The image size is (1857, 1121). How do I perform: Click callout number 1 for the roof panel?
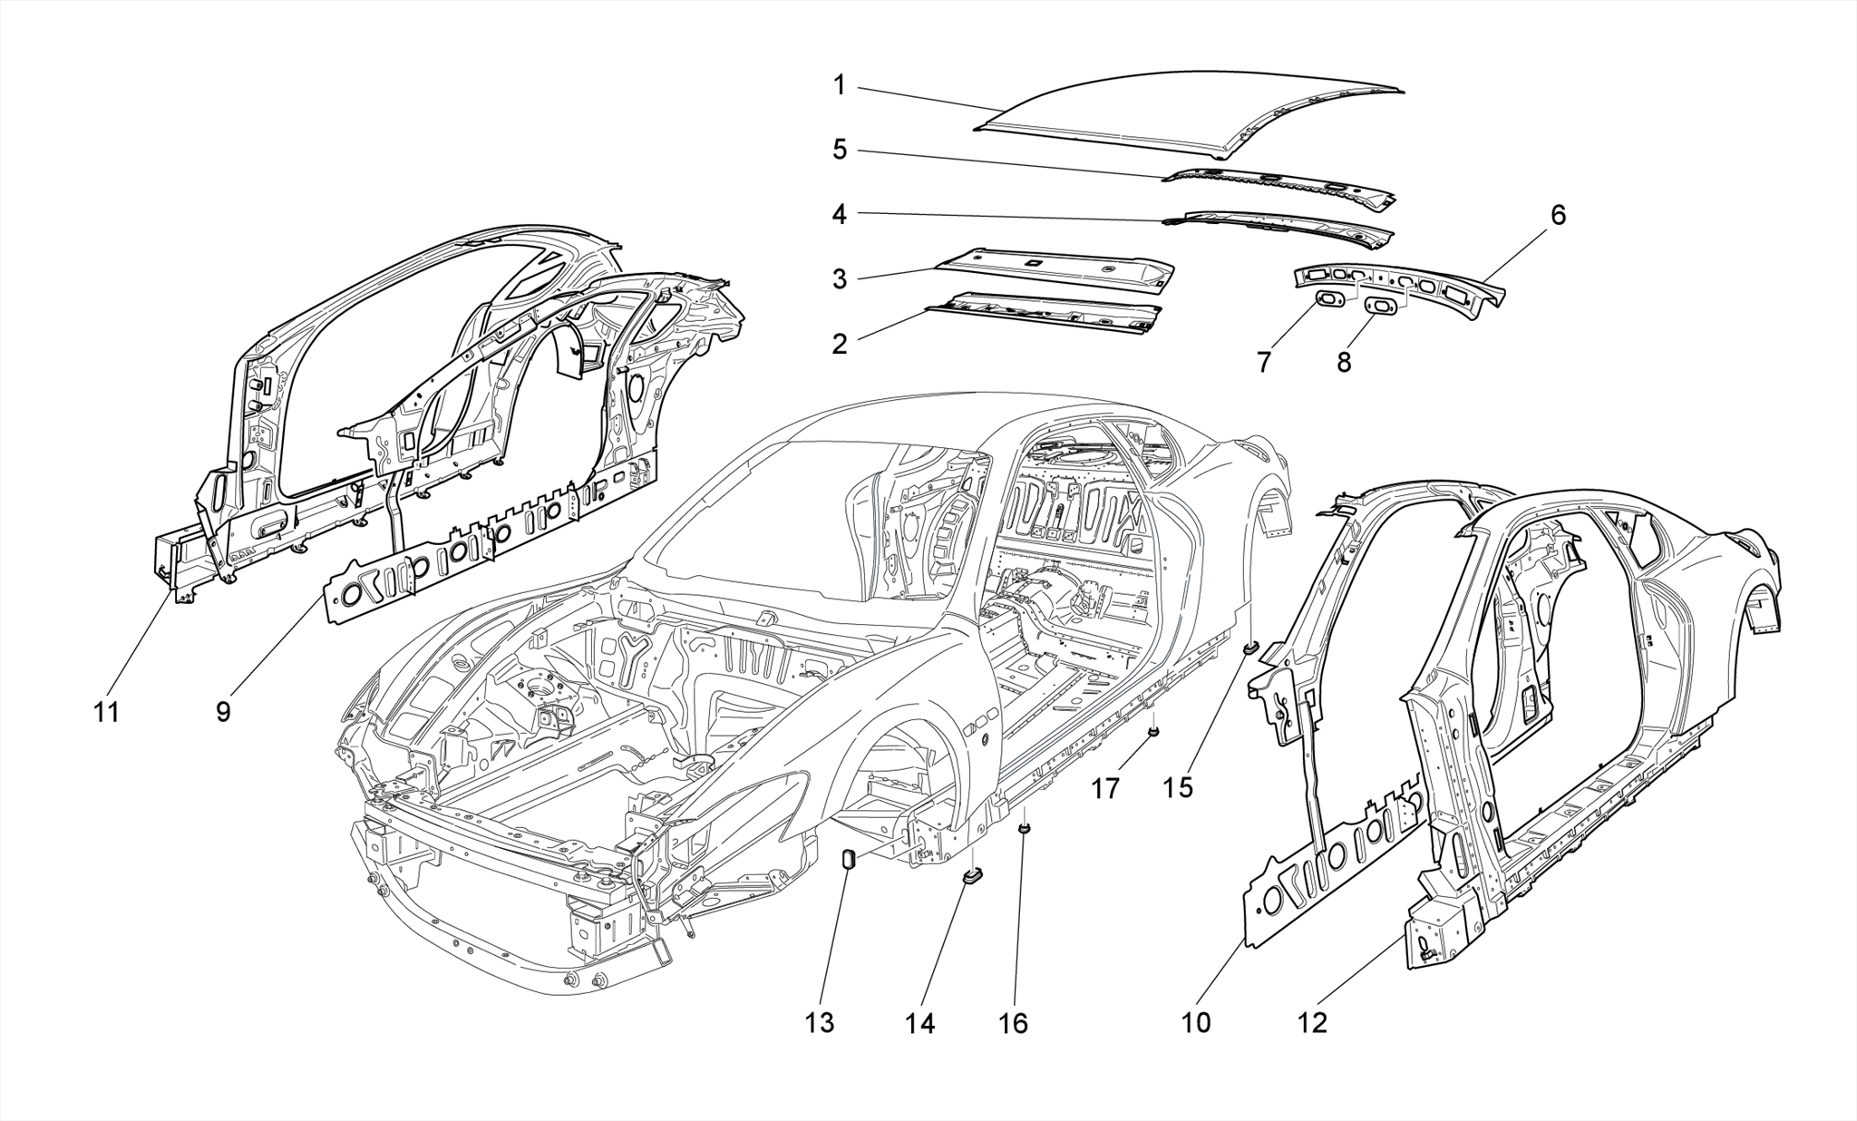coord(839,86)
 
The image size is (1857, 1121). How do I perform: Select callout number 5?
coord(840,150)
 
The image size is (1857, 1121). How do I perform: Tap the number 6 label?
coord(1558,216)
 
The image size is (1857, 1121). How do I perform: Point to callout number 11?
coord(107,713)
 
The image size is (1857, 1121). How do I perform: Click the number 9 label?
coord(223,713)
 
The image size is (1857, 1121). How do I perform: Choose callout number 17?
coord(1104,789)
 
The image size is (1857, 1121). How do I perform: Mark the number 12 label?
coord(1312,1023)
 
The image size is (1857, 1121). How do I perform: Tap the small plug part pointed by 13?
coord(851,858)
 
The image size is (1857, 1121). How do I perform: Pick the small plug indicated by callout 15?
coord(1250,648)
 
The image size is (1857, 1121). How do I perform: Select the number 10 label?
coord(1196,1023)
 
